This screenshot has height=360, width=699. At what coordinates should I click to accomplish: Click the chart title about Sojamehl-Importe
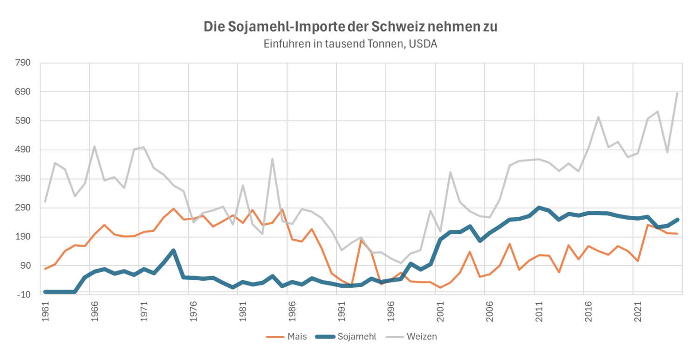(x=350, y=27)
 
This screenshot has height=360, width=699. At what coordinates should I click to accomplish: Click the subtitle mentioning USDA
(x=350, y=44)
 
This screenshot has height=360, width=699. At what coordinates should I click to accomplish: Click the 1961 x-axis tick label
(x=45, y=309)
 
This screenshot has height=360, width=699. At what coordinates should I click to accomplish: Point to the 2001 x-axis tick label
(x=440, y=309)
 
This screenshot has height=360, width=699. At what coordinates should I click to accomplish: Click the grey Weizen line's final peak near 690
(x=677, y=93)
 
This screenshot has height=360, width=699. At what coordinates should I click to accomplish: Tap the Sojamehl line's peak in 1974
(x=173, y=250)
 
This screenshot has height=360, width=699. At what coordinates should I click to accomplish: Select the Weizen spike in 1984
(x=272, y=159)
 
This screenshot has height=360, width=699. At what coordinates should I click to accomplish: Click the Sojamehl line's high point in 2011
(x=539, y=208)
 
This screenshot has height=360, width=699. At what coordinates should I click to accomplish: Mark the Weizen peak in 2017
(x=598, y=117)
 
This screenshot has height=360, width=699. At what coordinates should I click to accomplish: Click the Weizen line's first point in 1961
(x=45, y=201)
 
